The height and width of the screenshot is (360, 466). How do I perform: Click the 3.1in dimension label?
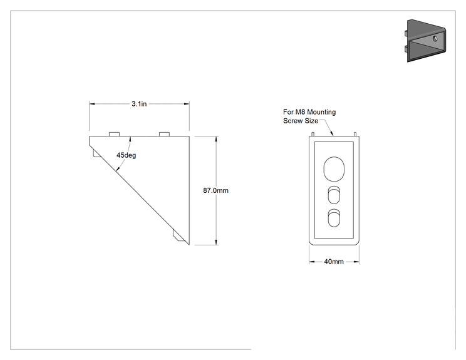139,104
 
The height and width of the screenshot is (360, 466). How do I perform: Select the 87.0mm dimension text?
215,190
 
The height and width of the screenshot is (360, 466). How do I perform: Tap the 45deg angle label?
127,155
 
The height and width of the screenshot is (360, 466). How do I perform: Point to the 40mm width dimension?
334,262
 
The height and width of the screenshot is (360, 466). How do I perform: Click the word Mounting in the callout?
321,112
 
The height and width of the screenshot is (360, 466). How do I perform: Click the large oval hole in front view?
334,169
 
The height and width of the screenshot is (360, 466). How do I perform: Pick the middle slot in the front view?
334,195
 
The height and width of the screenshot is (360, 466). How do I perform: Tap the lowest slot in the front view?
334,218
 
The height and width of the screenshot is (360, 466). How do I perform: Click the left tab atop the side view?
115,134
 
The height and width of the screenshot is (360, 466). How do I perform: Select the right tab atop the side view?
164,134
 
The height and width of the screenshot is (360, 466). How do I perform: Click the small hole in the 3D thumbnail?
435,38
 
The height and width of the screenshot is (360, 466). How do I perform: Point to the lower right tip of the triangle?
189,245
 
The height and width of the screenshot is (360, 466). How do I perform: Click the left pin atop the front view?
313,134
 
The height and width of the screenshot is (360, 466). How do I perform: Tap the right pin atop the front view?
355,134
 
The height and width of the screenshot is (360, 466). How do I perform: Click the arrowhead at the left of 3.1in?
92,104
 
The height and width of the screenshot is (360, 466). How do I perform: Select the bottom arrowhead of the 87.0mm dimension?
216,242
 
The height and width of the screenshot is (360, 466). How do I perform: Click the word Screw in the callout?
293,121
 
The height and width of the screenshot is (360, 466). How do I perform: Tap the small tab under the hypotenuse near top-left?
96,153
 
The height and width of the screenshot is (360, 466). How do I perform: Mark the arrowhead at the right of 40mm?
356,262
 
